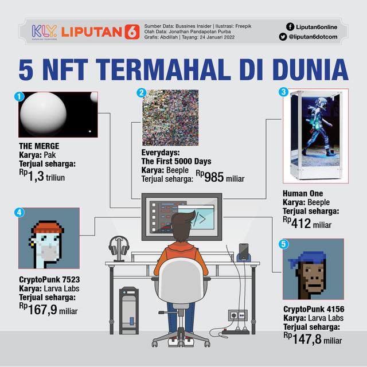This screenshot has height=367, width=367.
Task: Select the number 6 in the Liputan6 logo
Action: (131, 32)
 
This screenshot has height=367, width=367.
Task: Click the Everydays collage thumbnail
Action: (170, 118)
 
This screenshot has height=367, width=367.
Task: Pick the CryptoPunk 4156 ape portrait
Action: (313, 269)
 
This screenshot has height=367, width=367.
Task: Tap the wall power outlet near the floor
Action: (237, 315)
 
